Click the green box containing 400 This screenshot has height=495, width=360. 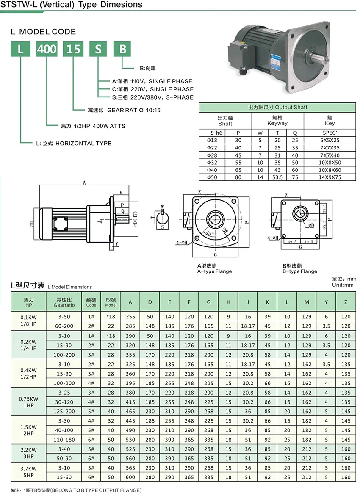[47, 49]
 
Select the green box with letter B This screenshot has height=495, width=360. [122, 49]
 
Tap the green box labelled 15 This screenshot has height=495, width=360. [73, 49]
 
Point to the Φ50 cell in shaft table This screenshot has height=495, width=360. [212, 177]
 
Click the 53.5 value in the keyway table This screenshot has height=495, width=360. [277, 177]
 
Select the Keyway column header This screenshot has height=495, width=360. [277, 120]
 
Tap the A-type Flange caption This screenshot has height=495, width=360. [215, 269]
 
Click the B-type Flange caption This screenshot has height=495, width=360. [299, 269]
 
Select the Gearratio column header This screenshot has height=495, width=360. [64, 302]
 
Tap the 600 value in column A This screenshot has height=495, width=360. [130, 477]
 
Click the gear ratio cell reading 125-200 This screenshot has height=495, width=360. [64, 411]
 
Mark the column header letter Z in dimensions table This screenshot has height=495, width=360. [346, 302]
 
